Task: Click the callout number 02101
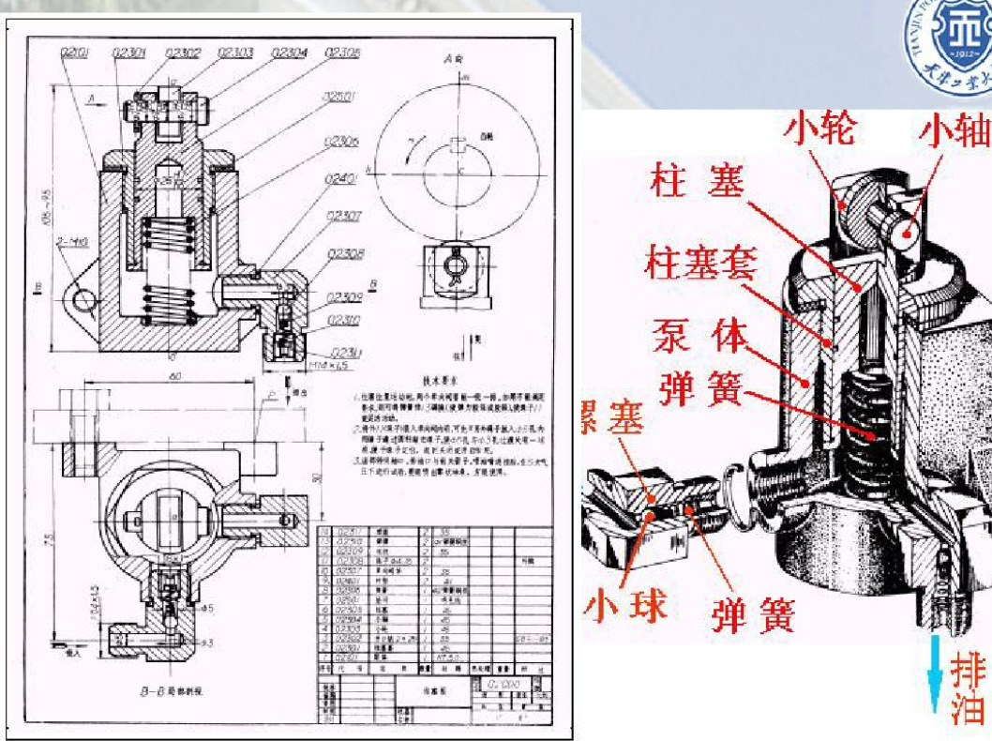click(75, 53)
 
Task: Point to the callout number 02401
click(344, 179)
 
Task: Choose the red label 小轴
click(954, 130)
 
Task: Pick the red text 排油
click(970, 688)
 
